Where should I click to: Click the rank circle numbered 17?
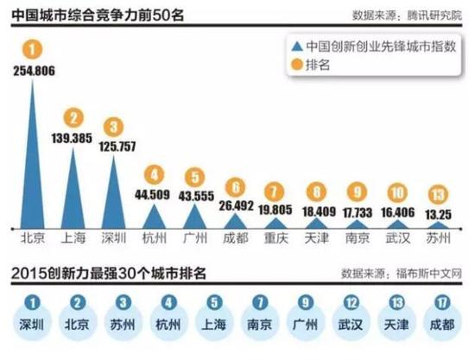(444, 304)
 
